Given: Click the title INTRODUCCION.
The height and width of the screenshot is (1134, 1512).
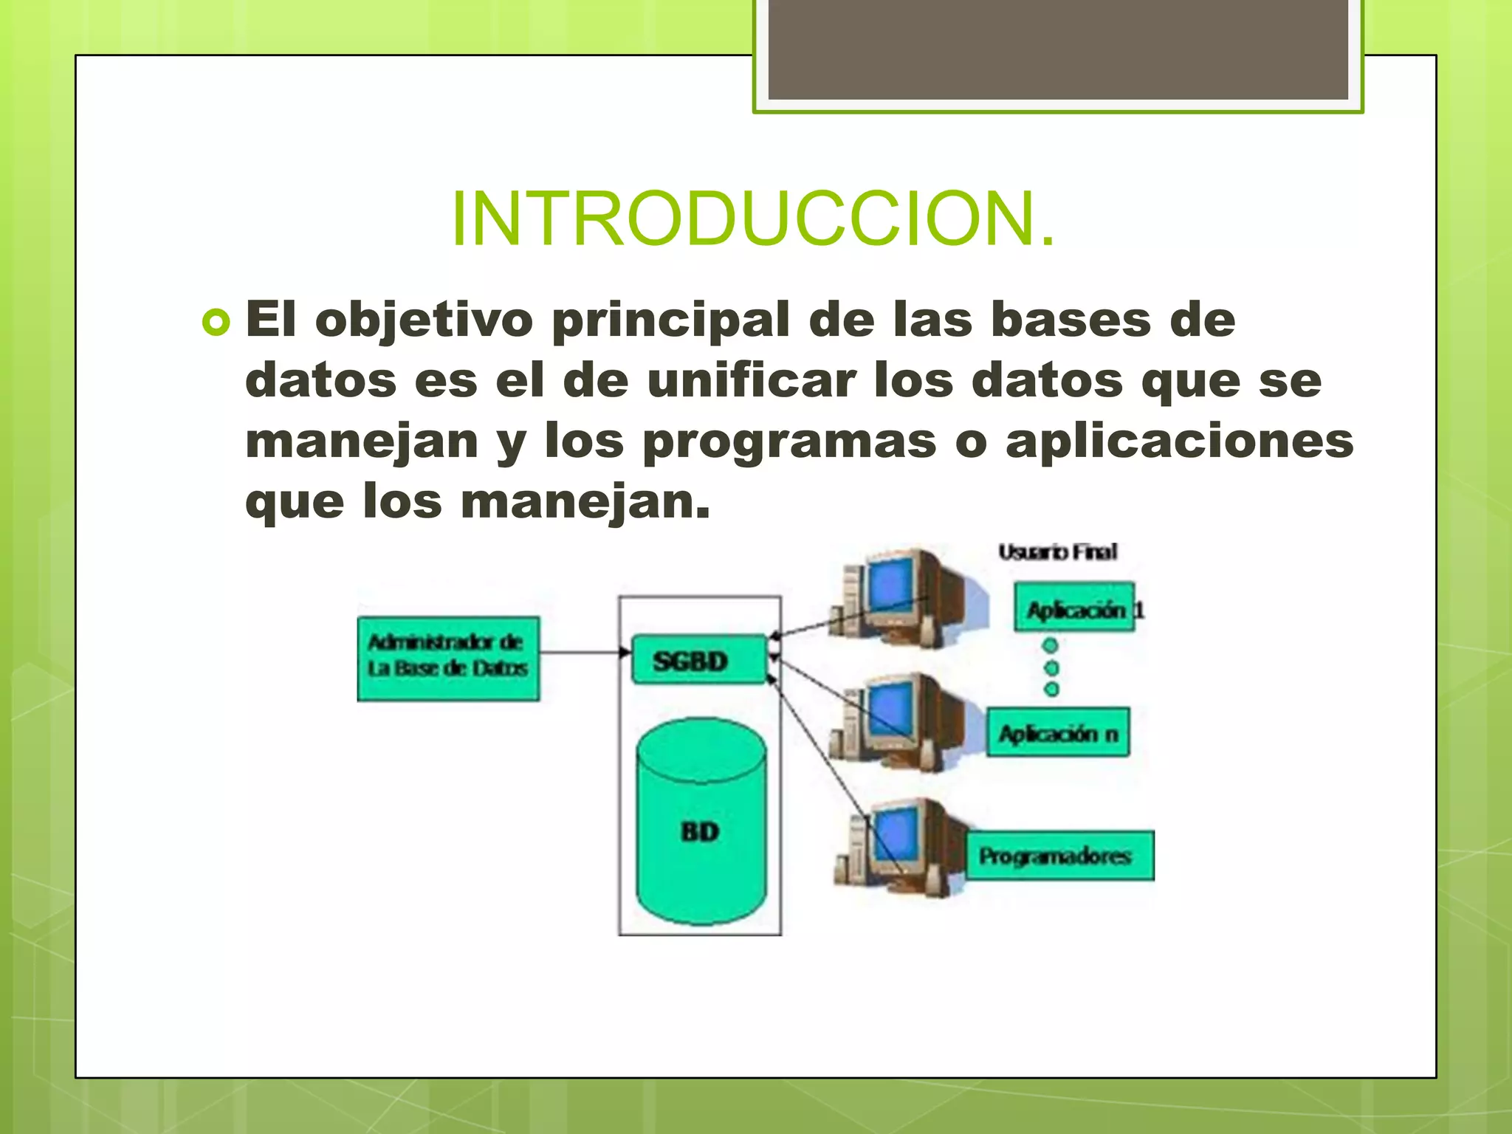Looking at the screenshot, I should [753, 219].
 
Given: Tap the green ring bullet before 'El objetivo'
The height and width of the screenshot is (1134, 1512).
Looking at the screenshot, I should [216, 323].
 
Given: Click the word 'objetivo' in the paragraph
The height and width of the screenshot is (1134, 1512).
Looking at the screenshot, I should [424, 321].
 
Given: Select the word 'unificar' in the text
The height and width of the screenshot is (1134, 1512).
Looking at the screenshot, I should [751, 380].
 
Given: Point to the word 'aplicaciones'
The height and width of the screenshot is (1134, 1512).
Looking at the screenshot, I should [1179, 441].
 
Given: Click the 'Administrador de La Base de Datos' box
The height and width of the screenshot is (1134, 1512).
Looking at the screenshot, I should [448, 658].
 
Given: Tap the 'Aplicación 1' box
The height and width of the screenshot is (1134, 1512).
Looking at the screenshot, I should [1074, 608].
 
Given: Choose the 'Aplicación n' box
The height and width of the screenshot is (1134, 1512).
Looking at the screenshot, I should [1058, 733].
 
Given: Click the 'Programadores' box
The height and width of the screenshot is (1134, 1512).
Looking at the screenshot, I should [1059, 856].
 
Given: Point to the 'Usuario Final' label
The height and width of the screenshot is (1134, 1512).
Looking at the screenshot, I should [1057, 552].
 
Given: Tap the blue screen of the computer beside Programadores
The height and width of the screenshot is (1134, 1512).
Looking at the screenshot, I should [895, 833].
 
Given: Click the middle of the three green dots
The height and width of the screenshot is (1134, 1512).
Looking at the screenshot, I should [1051, 667].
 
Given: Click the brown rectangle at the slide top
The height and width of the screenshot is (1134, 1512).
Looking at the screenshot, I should [1058, 49].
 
